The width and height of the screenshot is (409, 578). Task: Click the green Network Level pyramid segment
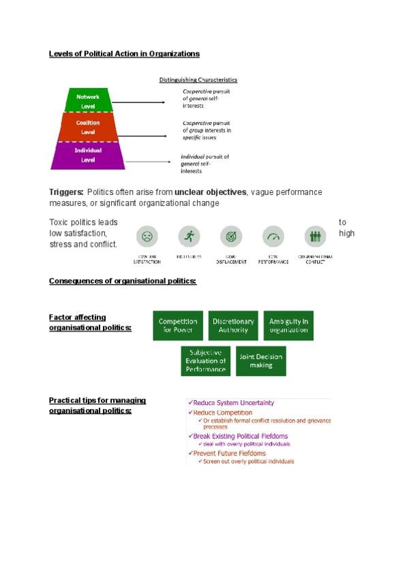point(87,101)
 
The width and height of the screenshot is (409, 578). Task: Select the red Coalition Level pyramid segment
point(87,127)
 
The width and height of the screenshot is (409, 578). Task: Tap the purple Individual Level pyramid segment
point(87,155)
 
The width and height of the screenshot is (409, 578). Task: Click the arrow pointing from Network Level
point(145,102)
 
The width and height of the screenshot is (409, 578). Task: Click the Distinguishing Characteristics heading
point(198,80)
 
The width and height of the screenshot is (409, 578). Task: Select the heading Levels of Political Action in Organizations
point(124,53)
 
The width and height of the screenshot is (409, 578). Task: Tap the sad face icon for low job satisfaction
point(147,237)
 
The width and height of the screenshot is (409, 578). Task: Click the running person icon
point(189,237)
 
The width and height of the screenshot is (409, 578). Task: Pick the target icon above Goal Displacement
point(231,237)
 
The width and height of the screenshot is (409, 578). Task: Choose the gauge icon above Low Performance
point(273,237)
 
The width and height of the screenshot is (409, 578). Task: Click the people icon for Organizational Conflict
point(315,237)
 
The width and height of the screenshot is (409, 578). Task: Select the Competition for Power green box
point(178,326)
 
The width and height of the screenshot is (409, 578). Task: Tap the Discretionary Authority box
point(233,326)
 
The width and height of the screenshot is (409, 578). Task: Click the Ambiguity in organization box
point(288,326)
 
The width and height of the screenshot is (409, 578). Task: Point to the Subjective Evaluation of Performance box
point(206,361)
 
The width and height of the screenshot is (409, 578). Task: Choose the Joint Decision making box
point(260,361)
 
